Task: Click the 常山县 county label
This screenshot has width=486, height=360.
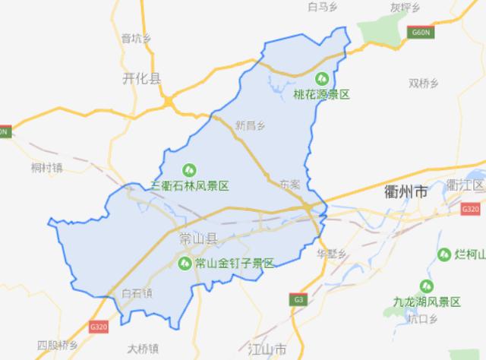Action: pyautogui.click(x=197, y=239)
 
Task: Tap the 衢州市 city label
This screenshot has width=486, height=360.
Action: pyautogui.click(x=407, y=193)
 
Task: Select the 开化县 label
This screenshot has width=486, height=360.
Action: pyautogui.click(x=142, y=78)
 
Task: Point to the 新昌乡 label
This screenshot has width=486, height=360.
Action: pyautogui.click(x=251, y=125)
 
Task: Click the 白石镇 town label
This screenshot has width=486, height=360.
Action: pyautogui.click(x=137, y=292)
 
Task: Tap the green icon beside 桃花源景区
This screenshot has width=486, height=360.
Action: pyautogui.click(x=322, y=77)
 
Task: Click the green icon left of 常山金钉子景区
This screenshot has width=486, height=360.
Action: pyautogui.click(x=185, y=264)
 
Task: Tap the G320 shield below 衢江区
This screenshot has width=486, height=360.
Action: pyautogui.click(x=472, y=208)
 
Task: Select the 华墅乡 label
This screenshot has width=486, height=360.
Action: pyautogui.click(x=331, y=253)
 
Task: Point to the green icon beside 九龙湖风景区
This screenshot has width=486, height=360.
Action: pyautogui.click(x=428, y=287)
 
